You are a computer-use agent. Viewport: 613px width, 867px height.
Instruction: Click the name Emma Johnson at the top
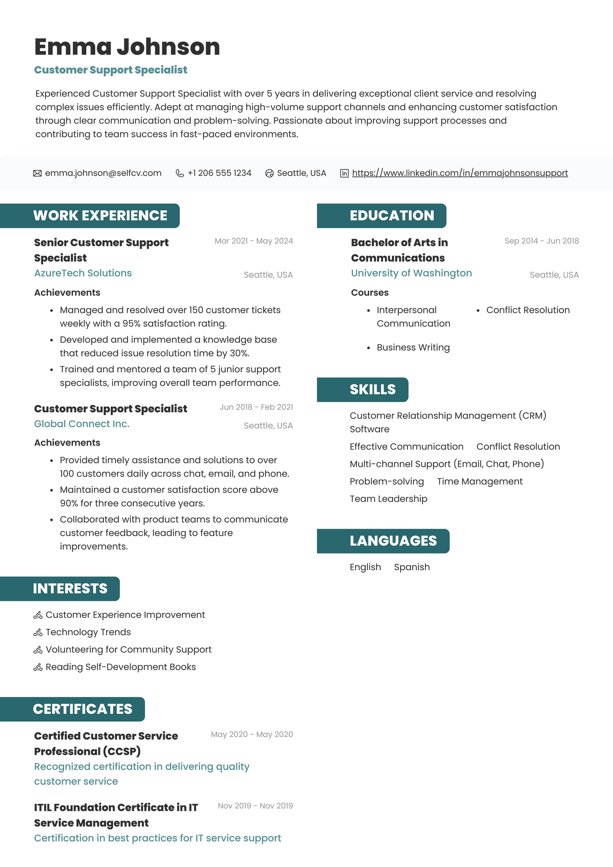pyautogui.click(x=127, y=47)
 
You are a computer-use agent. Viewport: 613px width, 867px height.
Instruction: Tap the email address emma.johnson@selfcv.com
pyautogui.click(x=103, y=173)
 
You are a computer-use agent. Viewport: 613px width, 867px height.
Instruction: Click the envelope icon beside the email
pyautogui.click(x=37, y=173)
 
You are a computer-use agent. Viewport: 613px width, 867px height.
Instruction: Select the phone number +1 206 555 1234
pyautogui.click(x=219, y=173)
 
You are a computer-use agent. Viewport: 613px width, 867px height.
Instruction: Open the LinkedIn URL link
pyautogui.click(x=460, y=173)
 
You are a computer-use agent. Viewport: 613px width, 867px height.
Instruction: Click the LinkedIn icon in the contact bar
pyautogui.click(x=345, y=173)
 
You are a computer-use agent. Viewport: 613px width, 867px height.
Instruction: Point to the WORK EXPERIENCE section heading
pyautogui.click(x=100, y=215)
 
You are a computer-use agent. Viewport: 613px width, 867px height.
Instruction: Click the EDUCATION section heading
pyautogui.click(x=392, y=215)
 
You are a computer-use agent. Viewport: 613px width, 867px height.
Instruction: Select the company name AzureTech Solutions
pyautogui.click(x=83, y=273)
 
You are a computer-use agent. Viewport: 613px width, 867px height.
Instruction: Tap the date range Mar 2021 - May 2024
pyautogui.click(x=254, y=241)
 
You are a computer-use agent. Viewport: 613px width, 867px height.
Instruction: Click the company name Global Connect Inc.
pyautogui.click(x=82, y=424)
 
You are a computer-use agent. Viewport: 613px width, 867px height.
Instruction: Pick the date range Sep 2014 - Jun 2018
pyautogui.click(x=542, y=241)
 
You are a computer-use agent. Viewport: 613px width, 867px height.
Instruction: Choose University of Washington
pyautogui.click(x=411, y=273)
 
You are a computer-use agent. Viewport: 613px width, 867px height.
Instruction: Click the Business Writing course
pyautogui.click(x=413, y=347)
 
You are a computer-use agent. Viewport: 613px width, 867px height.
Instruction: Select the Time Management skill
pyautogui.click(x=480, y=481)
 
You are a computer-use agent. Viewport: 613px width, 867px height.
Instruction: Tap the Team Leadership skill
pyautogui.click(x=388, y=499)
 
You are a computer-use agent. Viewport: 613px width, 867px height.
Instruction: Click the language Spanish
pyautogui.click(x=412, y=567)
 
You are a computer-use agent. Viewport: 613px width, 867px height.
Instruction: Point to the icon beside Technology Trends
pyautogui.click(x=38, y=632)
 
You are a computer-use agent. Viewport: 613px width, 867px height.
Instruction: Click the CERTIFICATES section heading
pyautogui.click(x=83, y=709)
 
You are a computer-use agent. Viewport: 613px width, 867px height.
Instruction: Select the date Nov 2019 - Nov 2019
pyautogui.click(x=255, y=806)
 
